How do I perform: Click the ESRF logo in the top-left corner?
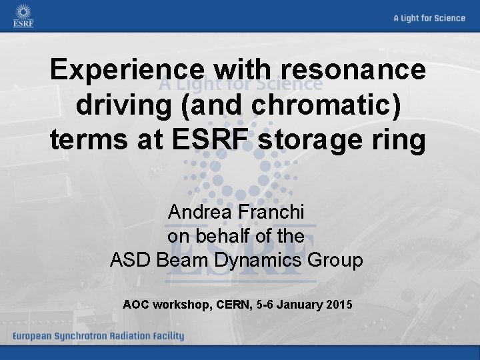23,16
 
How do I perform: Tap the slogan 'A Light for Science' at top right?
429,18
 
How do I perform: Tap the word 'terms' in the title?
89,141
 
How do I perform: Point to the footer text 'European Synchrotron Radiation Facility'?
97,336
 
